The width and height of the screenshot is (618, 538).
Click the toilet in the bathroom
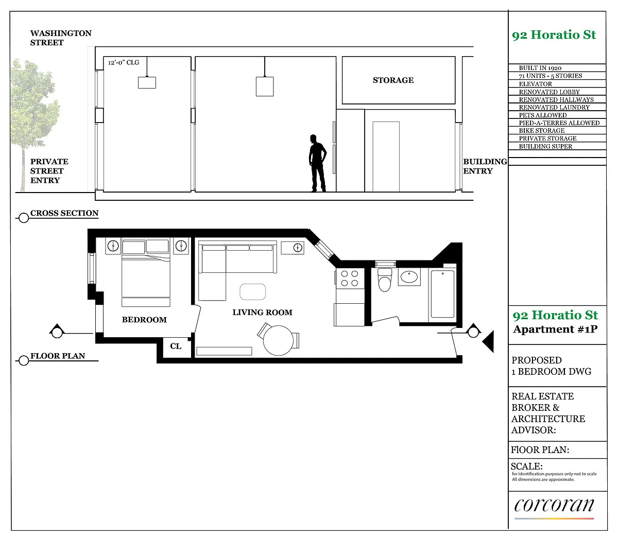385,280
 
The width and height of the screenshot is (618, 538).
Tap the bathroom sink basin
409,276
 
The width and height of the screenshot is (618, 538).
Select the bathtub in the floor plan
442,294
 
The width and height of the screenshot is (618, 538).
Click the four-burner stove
350,279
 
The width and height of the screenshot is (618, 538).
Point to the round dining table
278,340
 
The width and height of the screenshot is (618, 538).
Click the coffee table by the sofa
252,291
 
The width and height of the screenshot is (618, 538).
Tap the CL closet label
176,346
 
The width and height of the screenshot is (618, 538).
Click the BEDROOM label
144,320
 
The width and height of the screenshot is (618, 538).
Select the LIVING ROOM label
262,312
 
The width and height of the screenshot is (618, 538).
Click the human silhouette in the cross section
317,163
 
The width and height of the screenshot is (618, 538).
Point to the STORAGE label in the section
393,80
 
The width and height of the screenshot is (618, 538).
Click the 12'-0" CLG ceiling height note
124,62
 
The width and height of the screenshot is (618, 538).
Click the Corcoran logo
554,505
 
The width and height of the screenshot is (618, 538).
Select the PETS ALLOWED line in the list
542,115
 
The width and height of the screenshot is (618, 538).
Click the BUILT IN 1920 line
540,68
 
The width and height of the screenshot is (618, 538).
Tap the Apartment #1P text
555,329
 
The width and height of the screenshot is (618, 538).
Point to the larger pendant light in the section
265,86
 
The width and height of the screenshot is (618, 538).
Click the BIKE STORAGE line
542,131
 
